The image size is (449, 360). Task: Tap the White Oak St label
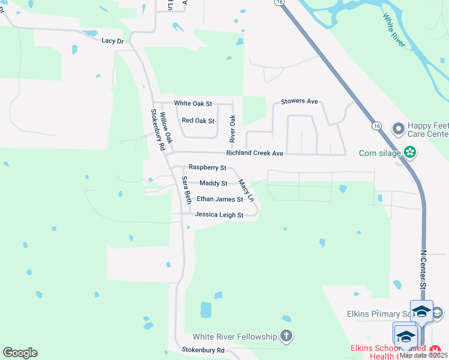193,103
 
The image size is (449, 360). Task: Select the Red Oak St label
198,121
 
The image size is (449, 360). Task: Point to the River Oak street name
233,128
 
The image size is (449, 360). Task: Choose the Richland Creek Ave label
255,153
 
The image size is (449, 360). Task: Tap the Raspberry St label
207,167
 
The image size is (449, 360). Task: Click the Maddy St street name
213,183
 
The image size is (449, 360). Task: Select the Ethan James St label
220,199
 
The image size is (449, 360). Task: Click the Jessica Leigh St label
219,215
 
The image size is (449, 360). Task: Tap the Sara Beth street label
187,190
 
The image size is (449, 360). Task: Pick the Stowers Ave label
300,101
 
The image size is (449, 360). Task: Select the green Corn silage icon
411,153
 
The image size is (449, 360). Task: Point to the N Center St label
423,271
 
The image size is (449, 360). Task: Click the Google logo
20,353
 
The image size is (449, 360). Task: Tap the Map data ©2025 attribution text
423,355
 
